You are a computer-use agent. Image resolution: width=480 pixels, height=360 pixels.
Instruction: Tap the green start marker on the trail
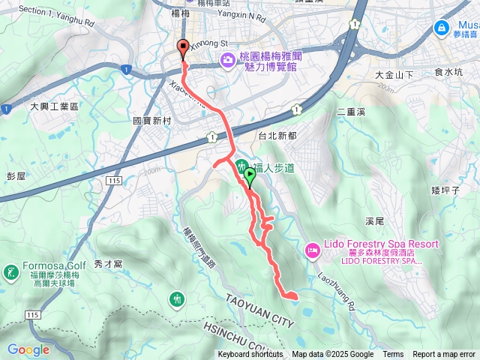pos(250,175)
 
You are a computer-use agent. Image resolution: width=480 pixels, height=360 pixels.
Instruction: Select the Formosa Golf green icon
pos(11,271)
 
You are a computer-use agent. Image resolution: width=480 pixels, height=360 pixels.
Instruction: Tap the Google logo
pos(28,349)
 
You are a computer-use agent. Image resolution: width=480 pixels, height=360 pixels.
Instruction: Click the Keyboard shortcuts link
pos(250,355)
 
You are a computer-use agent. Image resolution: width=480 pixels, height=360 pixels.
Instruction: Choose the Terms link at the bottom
pos(393,355)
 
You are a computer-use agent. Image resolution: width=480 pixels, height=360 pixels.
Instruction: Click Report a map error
pos(444,355)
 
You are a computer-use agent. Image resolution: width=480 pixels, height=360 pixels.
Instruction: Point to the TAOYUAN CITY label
pos(255,308)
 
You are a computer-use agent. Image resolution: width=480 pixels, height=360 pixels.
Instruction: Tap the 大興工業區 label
pos(54,107)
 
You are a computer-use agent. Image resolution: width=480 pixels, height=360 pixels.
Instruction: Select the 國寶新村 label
pos(152,121)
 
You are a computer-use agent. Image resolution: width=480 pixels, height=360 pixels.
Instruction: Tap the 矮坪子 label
pos(445,191)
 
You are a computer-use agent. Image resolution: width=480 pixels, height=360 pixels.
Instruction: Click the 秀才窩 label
pos(109,264)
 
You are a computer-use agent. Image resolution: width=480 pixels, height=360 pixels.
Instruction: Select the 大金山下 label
pos(394,75)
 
